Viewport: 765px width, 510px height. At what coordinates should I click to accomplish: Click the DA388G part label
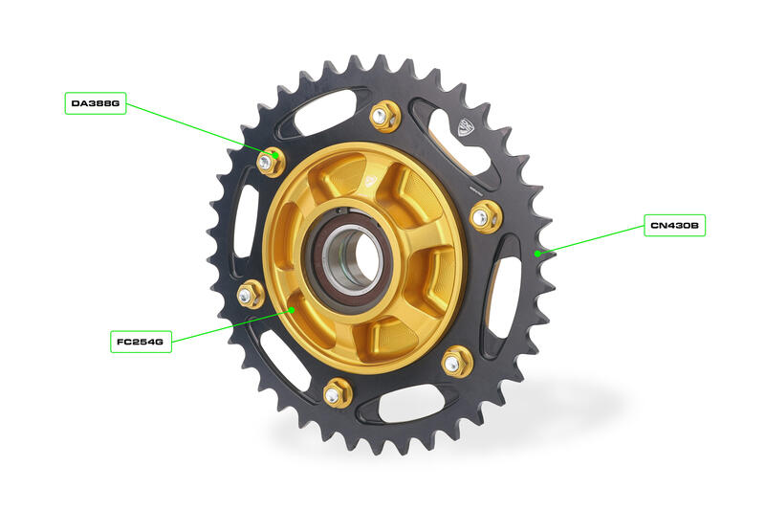coord(96,102)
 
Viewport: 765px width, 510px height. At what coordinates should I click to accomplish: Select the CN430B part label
coord(674,226)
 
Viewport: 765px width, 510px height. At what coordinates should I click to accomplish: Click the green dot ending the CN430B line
coord(538,254)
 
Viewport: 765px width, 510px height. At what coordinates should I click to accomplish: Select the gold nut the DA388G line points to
coord(268,162)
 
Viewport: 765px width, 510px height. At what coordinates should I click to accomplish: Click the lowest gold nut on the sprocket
coord(336,392)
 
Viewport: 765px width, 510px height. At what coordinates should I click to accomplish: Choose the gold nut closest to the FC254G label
coord(251,294)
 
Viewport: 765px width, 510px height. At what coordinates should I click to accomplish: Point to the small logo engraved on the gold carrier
coord(374,176)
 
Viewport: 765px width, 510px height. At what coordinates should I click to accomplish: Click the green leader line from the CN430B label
coord(593,239)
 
